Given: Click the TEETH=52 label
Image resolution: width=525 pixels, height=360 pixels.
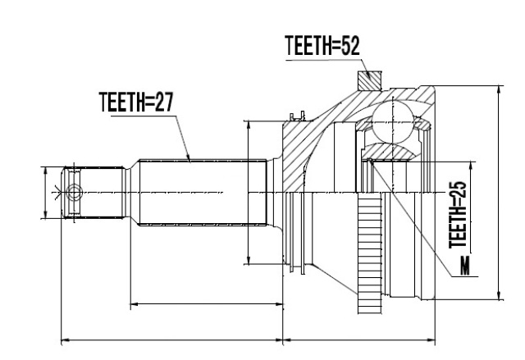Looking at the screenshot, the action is point(322,46).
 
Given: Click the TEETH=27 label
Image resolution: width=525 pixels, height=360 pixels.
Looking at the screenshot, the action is point(136,102).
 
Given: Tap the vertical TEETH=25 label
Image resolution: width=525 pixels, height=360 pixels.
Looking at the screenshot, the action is point(458,215).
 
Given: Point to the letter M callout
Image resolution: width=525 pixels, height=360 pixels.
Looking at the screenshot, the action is point(465,266).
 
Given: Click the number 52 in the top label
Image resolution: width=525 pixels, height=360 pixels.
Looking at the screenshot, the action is point(350,46).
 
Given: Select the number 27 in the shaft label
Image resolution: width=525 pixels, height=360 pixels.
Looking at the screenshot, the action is point(164,102).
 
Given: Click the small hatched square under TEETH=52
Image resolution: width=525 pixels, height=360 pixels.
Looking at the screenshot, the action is point(370,80).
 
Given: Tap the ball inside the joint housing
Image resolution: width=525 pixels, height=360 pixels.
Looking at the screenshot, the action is point(393,122).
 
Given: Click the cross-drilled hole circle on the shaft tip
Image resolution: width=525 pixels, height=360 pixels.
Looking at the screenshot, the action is point(74,193).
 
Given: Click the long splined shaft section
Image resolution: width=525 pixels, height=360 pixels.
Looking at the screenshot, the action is point(203,193).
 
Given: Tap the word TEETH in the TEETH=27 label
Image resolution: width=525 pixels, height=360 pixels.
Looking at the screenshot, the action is point(121,102).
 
